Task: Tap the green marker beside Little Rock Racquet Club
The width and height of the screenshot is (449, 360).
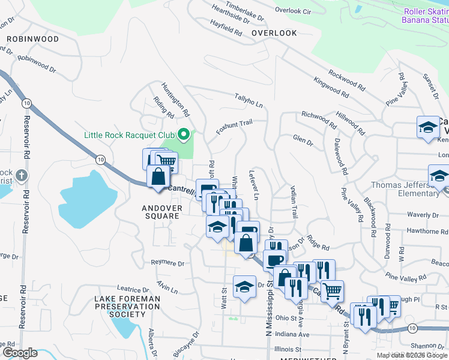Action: pos(185,134)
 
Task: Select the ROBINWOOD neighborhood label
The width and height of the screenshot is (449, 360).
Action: pos(33,39)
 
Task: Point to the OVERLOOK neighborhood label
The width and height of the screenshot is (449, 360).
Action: pos(274,33)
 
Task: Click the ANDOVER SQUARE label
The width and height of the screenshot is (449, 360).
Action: pos(161,212)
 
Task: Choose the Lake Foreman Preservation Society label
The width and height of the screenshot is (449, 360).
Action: pos(128,306)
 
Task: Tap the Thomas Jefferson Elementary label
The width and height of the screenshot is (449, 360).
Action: pos(405,189)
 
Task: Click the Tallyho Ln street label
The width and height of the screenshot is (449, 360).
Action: pos(249,100)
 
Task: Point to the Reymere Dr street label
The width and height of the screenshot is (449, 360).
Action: pos(167,263)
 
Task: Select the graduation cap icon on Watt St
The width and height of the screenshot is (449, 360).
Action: pos(244,286)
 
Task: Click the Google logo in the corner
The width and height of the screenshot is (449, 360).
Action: pos(19,352)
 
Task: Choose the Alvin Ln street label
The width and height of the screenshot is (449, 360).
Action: pos(167,286)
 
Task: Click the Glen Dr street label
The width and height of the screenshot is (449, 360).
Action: pos(303,140)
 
